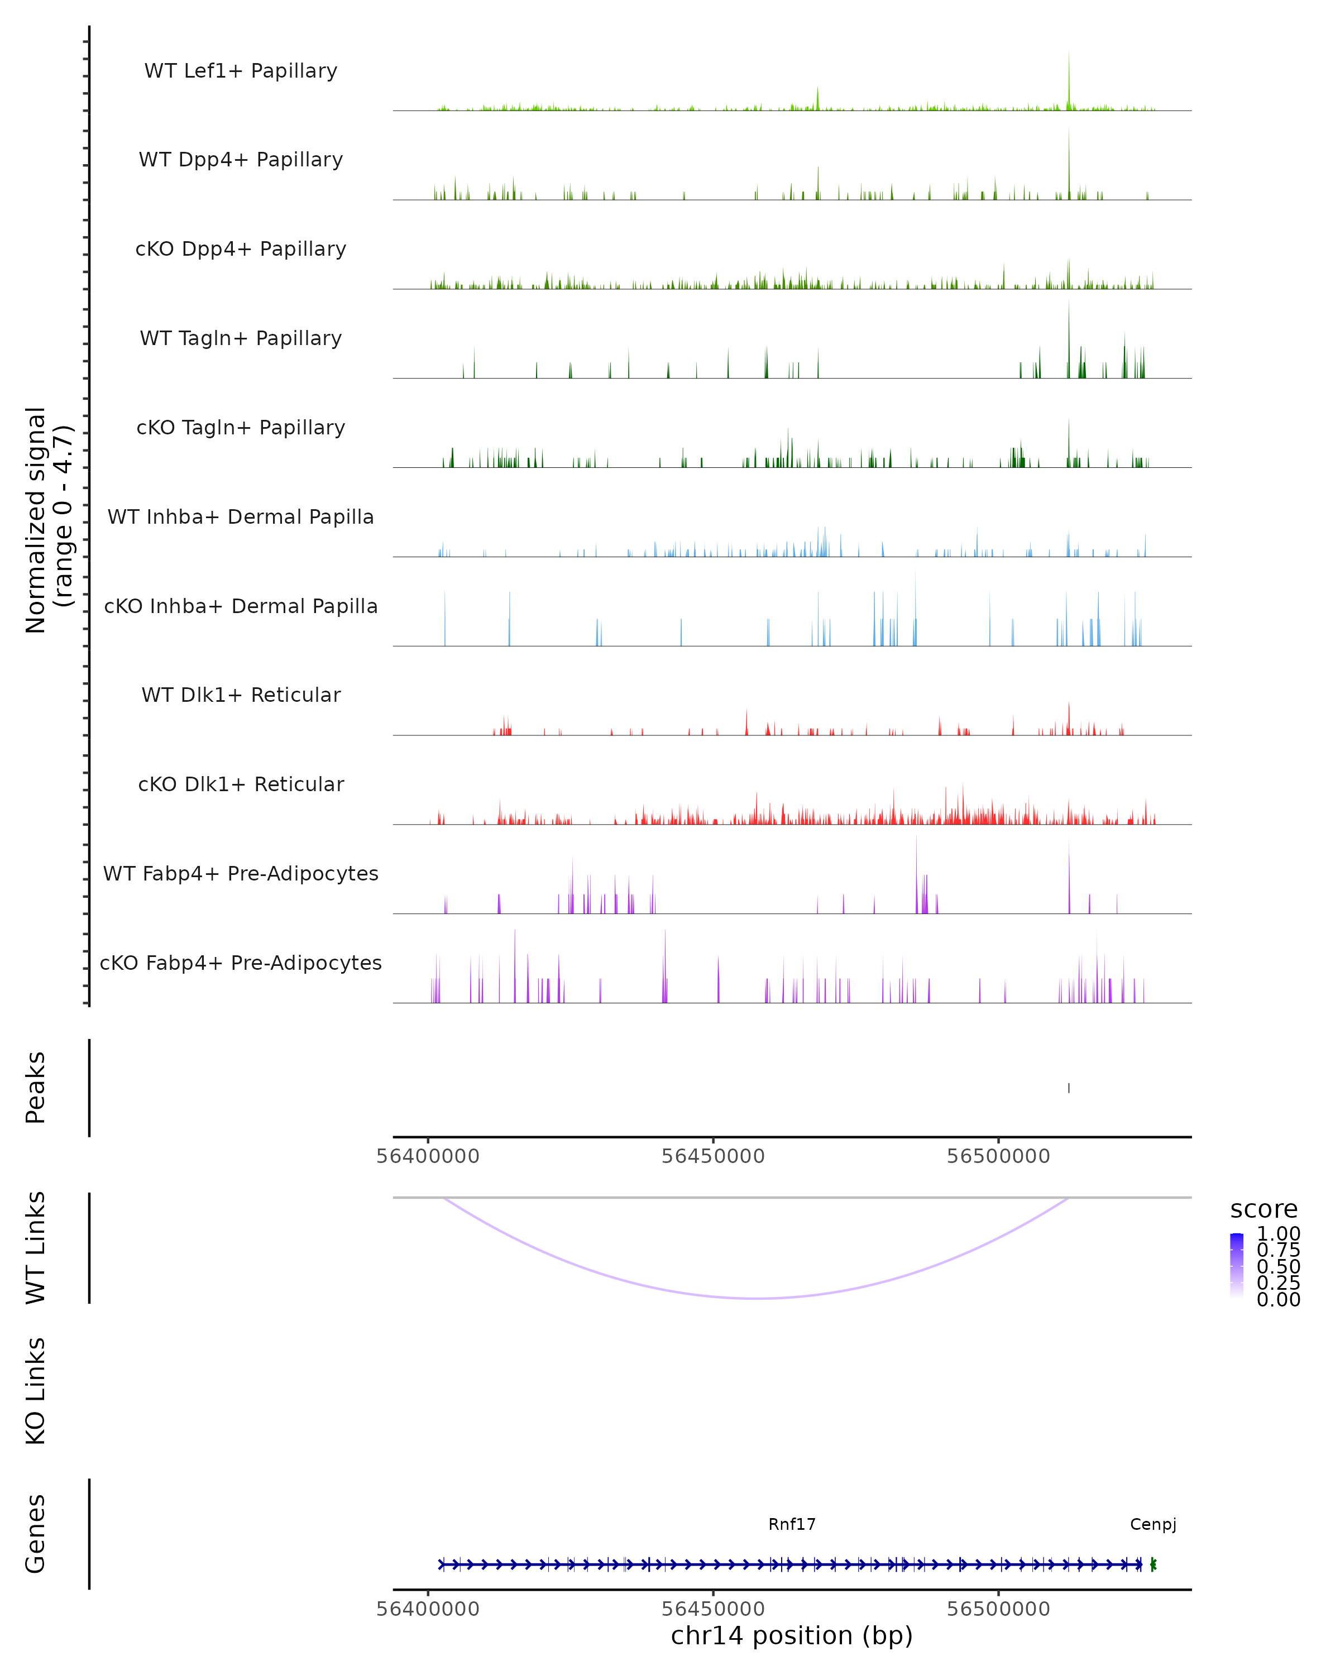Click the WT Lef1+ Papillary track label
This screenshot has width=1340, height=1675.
241,71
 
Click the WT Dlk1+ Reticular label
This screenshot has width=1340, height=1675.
241,695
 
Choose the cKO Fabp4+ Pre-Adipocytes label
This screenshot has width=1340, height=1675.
241,963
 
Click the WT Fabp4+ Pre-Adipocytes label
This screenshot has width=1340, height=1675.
241,873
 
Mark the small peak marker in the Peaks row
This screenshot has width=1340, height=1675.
1069,1088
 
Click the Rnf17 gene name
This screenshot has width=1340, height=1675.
792,1524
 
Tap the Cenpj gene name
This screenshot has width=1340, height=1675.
1153,1524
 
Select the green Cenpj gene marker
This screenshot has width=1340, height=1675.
1153,1564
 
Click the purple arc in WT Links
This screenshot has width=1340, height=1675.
758,1298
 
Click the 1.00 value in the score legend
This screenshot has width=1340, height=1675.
1278,1234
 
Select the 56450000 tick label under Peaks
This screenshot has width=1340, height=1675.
713,1156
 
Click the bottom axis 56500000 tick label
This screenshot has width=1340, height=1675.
998,1609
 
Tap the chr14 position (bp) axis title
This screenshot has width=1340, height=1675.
792,1635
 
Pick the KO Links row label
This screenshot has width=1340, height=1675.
35,1391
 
